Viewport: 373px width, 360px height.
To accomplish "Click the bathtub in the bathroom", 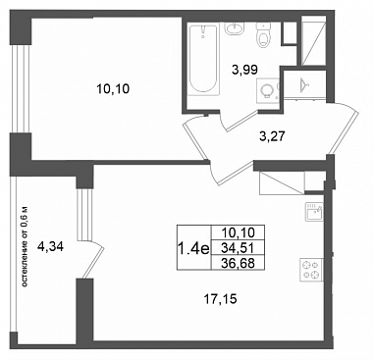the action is (x=204, y=60).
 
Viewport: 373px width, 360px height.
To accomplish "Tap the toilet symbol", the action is (x=263, y=35).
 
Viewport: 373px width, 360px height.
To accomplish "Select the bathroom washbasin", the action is (x=235, y=28).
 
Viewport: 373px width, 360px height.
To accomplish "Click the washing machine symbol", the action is (x=268, y=89).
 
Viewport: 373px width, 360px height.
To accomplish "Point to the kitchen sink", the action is (x=314, y=212).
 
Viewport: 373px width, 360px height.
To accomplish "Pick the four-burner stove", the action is (x=311, y=270).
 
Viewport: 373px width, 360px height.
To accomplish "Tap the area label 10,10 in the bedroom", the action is (x=113, y=88).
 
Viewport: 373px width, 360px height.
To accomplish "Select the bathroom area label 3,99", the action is (x=244, y=70).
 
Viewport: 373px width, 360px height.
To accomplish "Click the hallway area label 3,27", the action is (x=273, y=136).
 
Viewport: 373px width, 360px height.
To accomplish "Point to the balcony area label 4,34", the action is (x=51, y=245).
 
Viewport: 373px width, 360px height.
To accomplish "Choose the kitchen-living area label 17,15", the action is (x=220, y=298).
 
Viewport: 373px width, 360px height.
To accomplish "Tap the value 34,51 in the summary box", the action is (x=238, y=248).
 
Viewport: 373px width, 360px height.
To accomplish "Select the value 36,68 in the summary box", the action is (x=238, y=263).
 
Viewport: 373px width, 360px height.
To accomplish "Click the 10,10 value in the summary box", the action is (x=238, y=232).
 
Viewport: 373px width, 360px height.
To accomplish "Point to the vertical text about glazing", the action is (x=25, y=247).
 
